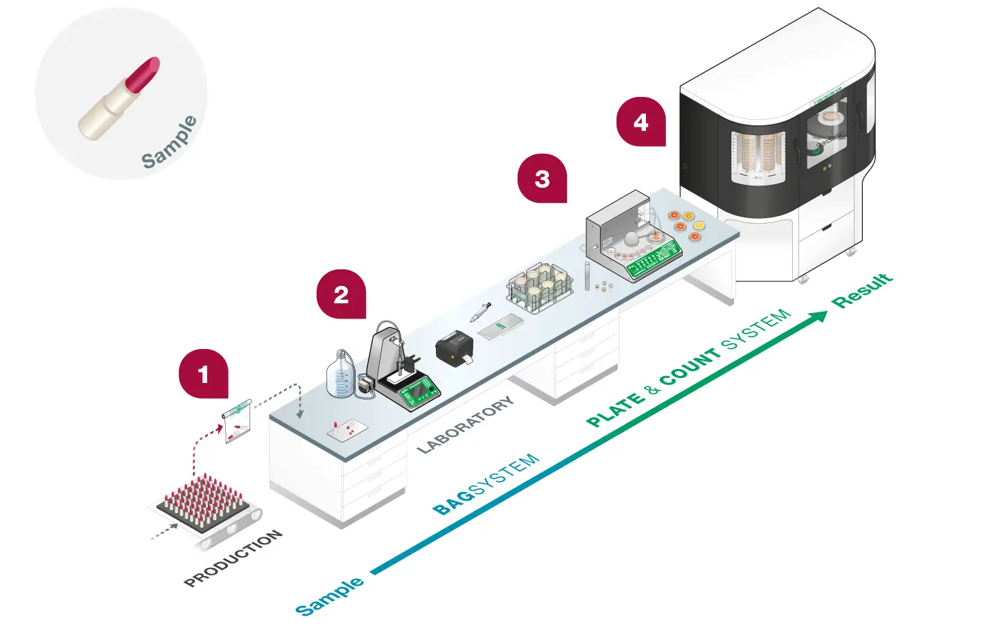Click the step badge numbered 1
(203, 374)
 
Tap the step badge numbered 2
(341, 294)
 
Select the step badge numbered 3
(542, 179)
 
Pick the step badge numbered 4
(641, 122)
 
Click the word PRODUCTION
(233, 558)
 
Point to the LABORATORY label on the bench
(466, 424)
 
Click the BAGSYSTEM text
(485, 484)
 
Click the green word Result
(863, 290)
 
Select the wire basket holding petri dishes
(540, 285)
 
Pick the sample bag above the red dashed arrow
(237, 421)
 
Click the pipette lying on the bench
(480, 312)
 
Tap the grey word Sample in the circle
(170, 143)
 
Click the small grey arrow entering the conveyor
(164, 532)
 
